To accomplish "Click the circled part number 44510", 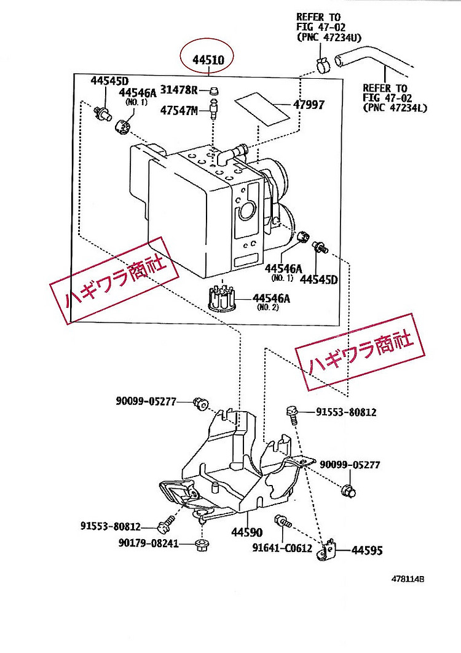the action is (x=208, y=60).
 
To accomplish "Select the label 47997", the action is (x=309, y=104).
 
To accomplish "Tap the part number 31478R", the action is (x=179, y=89).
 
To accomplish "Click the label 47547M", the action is (x=179, y=110).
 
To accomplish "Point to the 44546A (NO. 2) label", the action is (x=271, y=302).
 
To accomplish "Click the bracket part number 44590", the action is (x=246, y=532).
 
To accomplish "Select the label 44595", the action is (x=367, y=550).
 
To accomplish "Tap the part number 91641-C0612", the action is (x=282, y=548).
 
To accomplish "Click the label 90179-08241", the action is (x=149, y=543).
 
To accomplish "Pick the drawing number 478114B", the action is (x=408, y=579).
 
